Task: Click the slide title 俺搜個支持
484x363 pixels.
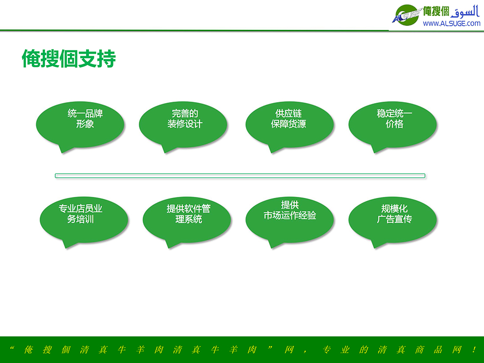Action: coord(69,59)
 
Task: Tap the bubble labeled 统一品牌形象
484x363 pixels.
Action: coord(80,125)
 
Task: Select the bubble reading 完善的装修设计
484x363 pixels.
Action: coord(183,125)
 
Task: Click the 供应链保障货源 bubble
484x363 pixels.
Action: coord(289,125)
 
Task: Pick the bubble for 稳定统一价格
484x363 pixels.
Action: coord(393,125)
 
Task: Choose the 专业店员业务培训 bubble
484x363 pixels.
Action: coord(84,220)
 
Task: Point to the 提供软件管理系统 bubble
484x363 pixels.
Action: coord(187,220)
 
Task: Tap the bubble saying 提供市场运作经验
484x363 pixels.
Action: coord(289,220)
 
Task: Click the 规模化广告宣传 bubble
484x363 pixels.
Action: coord(393,220)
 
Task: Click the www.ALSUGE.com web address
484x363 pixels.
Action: coord(452,23)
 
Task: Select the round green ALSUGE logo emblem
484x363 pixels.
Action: coord(407,15)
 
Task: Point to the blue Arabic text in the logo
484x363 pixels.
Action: coord(465,12)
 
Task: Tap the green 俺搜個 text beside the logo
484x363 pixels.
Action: coord(436,11)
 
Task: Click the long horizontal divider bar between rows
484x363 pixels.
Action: coord(240,176)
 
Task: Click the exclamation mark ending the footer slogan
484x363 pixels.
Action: coord(474,349)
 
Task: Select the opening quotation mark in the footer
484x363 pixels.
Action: coord(12,348)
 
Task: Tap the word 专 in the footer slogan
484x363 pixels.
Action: coord(326,349)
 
